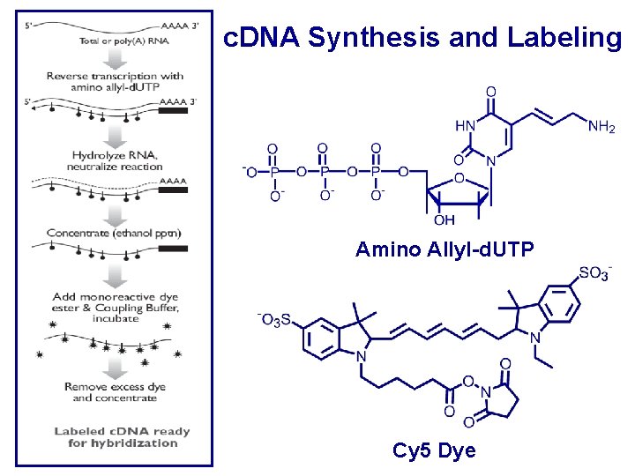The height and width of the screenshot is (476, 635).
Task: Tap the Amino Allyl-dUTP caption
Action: [444, 250]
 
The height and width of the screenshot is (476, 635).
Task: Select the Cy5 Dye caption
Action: [434, 451]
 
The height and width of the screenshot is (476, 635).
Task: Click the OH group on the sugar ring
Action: [444, 220]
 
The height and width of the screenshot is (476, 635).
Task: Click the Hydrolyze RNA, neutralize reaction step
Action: [118, 160]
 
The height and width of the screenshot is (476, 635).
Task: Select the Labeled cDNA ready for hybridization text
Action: [123, 437]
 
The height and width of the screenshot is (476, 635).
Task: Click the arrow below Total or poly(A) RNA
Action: [116, 58]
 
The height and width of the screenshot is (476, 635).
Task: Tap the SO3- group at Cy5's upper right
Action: [594, 274]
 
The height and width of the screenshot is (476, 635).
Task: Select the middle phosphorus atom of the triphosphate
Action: [325, 171]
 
